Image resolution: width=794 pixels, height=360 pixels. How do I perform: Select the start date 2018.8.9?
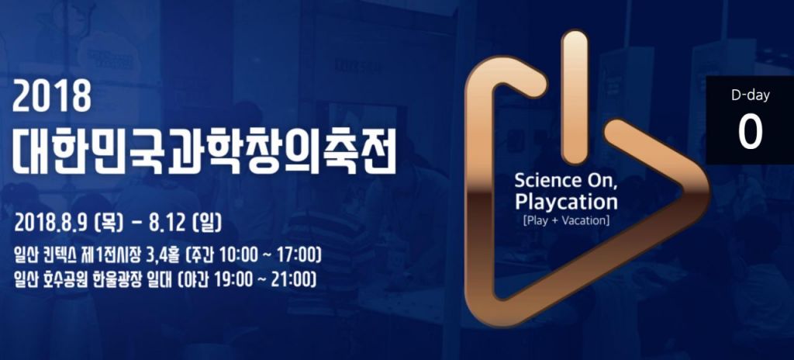point(52,223)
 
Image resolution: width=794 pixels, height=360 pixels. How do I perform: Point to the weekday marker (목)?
point(109,223)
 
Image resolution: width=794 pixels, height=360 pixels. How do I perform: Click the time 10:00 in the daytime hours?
point(233,255)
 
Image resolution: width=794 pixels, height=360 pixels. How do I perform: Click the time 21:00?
point(287,279)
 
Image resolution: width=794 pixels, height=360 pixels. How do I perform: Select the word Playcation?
point(566,202)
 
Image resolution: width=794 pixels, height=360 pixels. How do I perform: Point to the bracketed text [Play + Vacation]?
point(566,221)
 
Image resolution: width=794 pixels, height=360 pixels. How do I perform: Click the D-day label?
point(750,95)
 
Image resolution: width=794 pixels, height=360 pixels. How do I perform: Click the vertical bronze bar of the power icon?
point(575,97)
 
